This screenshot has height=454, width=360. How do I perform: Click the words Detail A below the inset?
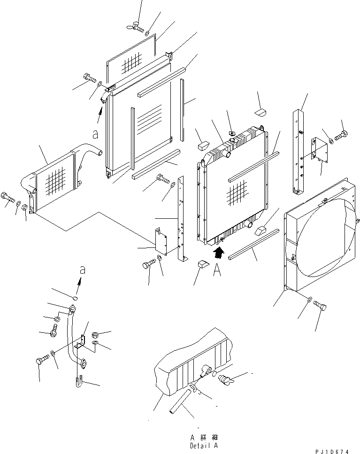204,445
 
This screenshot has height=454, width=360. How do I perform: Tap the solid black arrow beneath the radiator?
217,254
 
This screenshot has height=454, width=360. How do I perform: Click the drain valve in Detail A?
225,377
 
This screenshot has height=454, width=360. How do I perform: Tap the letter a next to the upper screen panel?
95,134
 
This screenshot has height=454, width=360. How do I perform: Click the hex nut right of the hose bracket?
95,335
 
